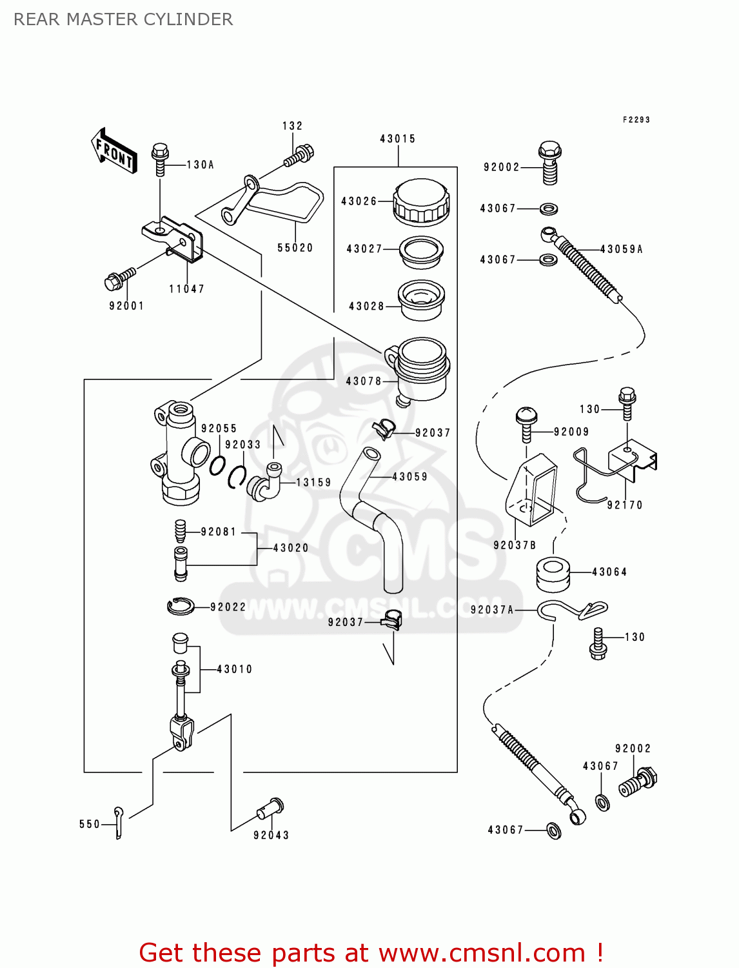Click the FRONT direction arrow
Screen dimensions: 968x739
(114, 151)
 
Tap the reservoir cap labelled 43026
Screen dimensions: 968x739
(421, 201)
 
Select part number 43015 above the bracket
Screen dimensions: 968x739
(398, 139)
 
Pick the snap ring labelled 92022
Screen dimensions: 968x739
(181, 606)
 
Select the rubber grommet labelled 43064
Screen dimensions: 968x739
(553, 573)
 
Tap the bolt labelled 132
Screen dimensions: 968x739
(300, 155)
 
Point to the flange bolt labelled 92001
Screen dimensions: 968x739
(119, 279)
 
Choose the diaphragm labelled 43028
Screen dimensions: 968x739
(421, 299)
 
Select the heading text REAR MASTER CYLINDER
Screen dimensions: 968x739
(123, 19)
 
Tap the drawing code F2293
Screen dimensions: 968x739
(636, 119)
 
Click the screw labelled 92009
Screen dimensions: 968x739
(526, 423)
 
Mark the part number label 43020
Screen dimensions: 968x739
(291, 548)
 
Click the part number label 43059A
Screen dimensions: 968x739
(621, 249)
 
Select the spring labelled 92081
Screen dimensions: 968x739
(181, 532)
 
